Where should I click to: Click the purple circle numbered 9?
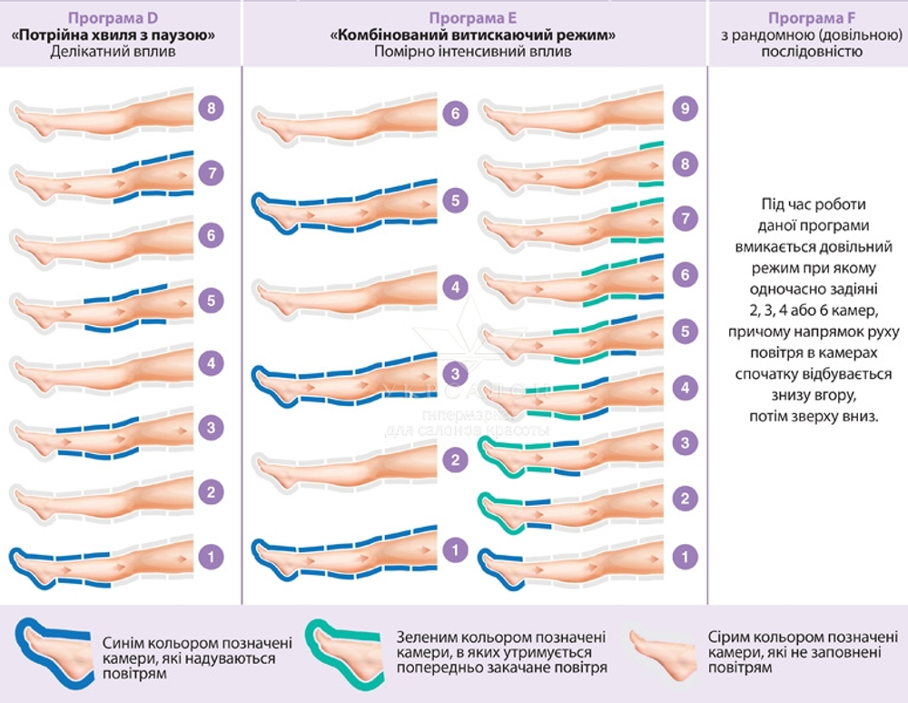pos(687,109)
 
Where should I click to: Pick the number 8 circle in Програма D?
pos(211,109)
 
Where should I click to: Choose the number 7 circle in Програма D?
pos(211,173)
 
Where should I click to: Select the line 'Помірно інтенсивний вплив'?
pos(472,52)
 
